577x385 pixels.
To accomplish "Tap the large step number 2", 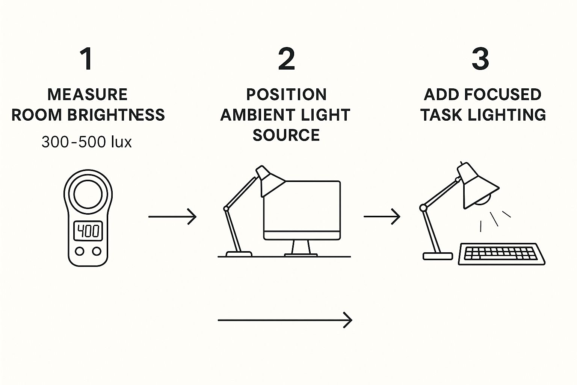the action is coord(286,59).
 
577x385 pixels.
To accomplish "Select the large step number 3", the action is coord(480,59).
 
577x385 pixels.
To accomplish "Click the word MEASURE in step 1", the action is coord(88,94).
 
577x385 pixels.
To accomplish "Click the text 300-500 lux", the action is coord(87,142).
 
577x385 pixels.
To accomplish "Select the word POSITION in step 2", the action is coord(286,94).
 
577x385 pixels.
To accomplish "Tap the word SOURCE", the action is coord(286,135).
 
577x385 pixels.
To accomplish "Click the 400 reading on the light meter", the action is coord(88,231).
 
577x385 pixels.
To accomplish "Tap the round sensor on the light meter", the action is coord(88,194).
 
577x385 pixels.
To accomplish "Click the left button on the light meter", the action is coord(79,251).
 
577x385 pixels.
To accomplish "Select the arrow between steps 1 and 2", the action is coord(172,217).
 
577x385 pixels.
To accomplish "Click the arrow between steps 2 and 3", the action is coord(382,217).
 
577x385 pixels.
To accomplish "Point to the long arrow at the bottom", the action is coord(285,320).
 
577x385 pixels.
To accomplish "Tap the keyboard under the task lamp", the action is coord(502,254).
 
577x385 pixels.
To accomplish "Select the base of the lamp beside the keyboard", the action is coord(438,256).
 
